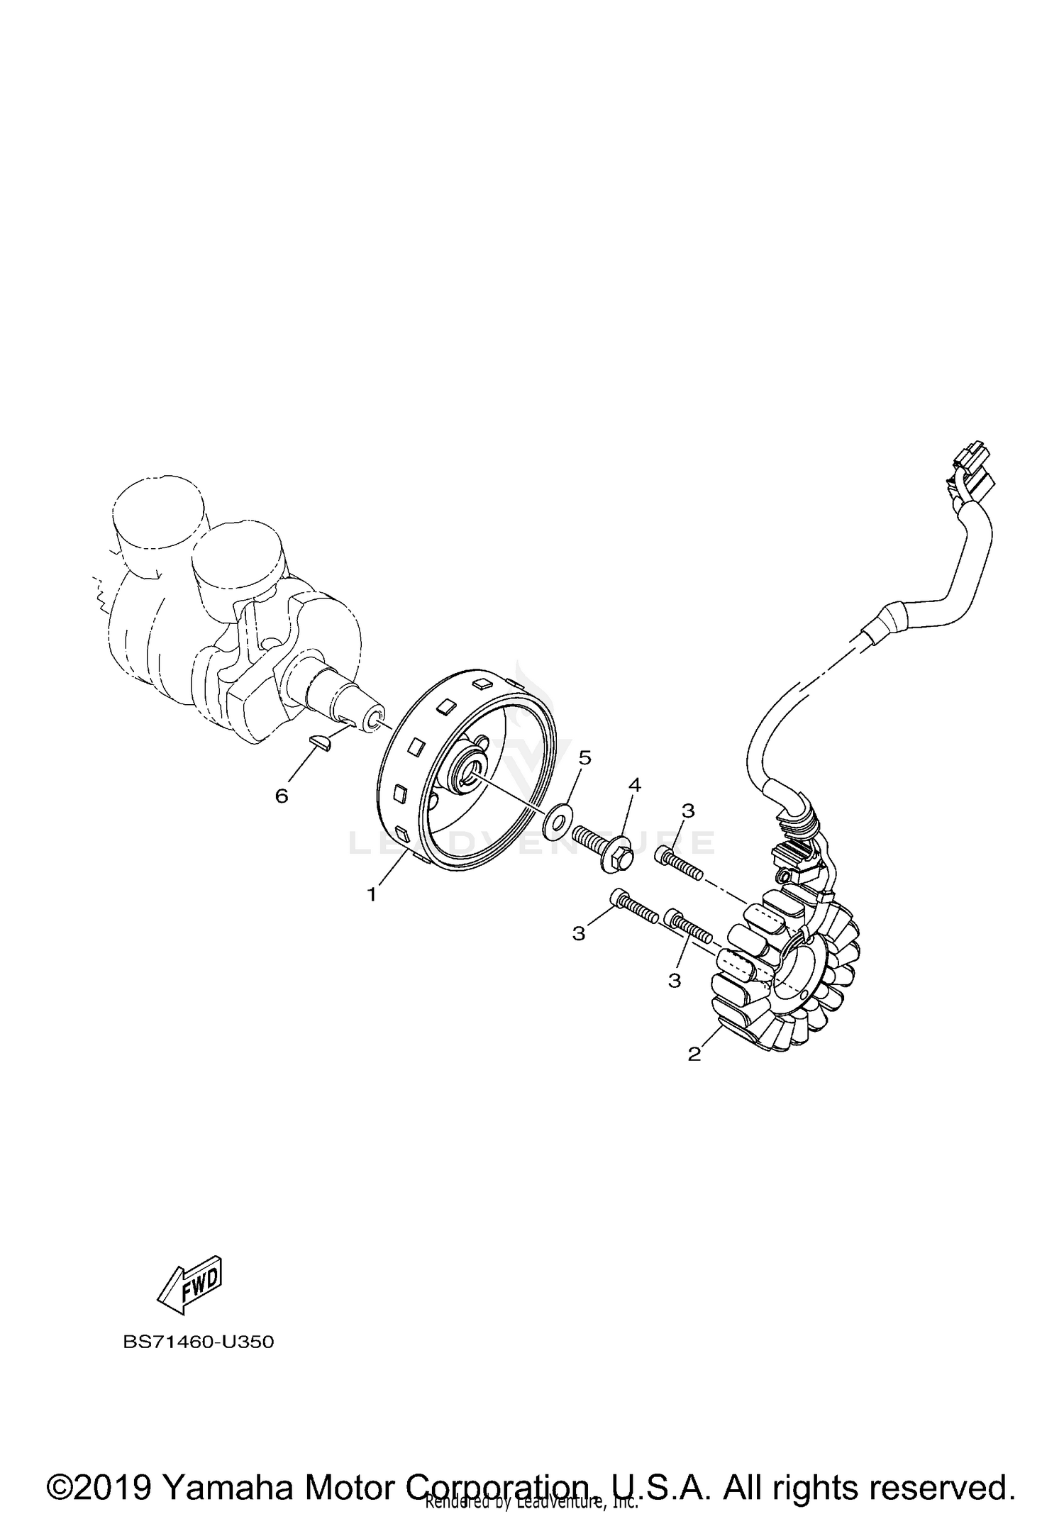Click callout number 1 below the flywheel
coord(372,895)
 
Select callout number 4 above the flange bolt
coord(634,785)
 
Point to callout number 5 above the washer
coord(584,757)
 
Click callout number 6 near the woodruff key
coord(282,796)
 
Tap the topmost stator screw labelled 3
coord(677,864)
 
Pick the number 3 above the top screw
coord(688,811)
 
